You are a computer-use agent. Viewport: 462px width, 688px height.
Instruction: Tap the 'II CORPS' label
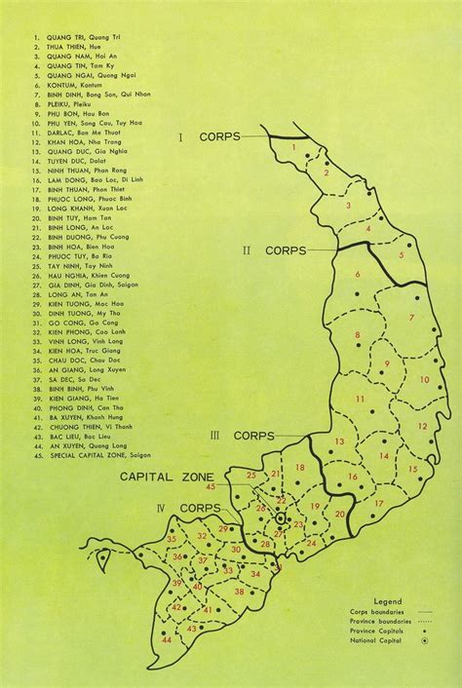[274, 250]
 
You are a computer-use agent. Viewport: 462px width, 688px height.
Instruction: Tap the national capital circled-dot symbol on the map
[280, 519]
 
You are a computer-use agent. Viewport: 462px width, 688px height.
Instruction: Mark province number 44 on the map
[167, 639]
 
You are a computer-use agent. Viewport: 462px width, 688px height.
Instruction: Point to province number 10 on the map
[424, 379]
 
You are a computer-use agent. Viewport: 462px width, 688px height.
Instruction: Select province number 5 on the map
[400, 255]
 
